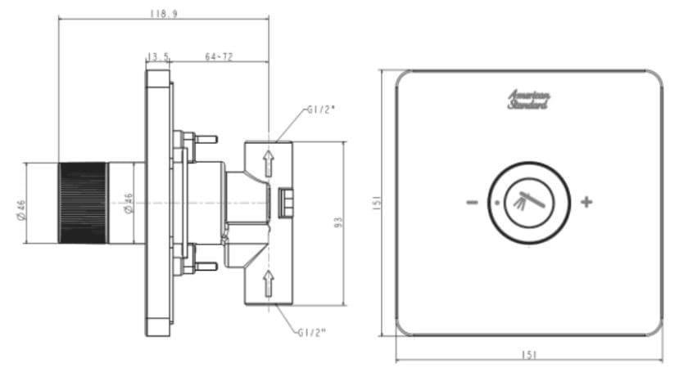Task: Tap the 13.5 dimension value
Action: (x=158, y=56)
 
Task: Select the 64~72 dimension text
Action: (x=219, y=56)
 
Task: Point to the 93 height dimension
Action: (x=337, y=222)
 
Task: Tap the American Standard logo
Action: (x=529, y=100)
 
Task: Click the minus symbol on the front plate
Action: (x=473, y=202)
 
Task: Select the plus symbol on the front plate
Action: (x=586, y=202)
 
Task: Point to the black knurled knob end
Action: (x=83, y=203)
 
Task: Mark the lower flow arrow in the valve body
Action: (x=268, y=283)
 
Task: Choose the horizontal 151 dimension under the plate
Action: (x=529, y=354)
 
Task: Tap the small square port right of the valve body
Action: (x=286, y=201)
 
